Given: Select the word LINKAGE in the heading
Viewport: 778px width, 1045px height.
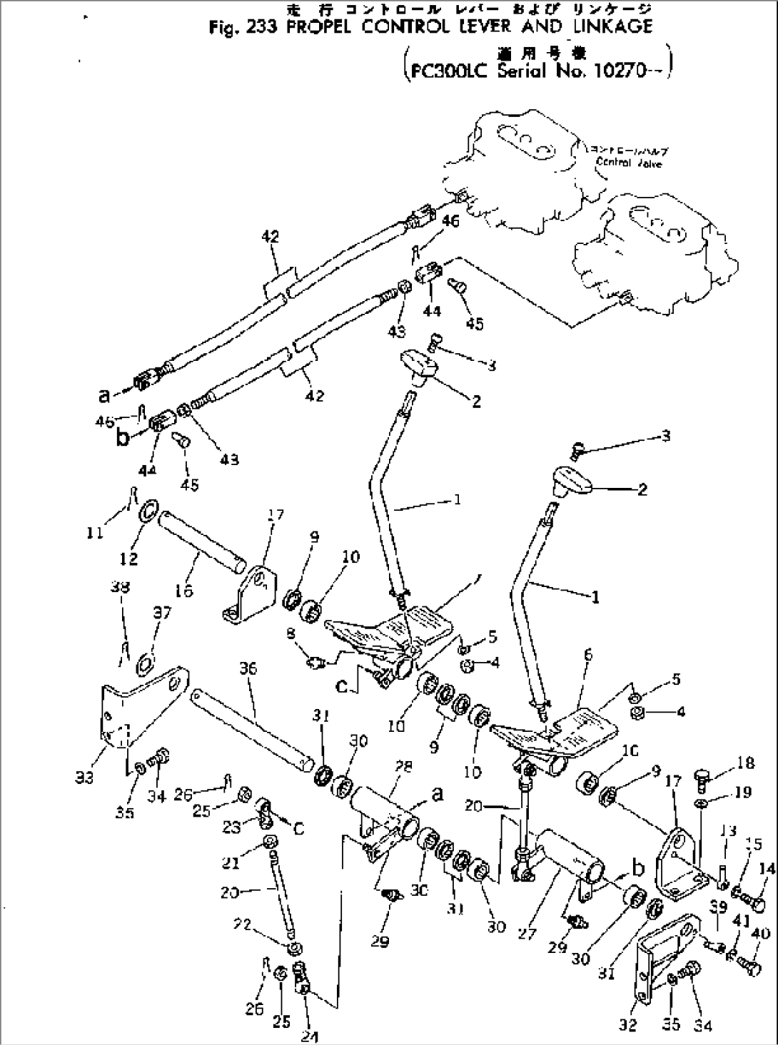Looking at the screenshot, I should click(613, 26).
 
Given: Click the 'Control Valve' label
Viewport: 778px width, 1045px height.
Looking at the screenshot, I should click(629, 163).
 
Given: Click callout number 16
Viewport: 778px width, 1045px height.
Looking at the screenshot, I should click(183, 591).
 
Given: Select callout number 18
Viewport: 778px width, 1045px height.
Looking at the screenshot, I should click(745, 763).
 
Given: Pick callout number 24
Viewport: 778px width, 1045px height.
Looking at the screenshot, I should click(309, 1036).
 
